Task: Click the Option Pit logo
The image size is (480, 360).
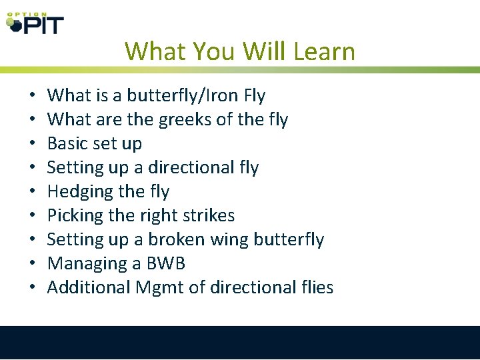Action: click(35, 23)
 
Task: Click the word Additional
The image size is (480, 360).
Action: click(89, 287)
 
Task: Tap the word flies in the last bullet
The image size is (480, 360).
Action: click(315, 287)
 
